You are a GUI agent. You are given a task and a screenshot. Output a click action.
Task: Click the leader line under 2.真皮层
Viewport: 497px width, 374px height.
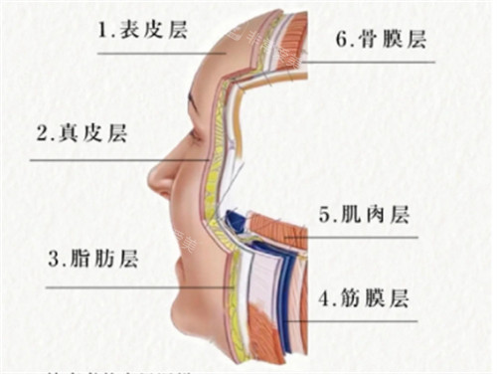(119, 159)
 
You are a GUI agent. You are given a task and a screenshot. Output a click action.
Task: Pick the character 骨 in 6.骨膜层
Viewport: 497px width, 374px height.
(368, 41)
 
